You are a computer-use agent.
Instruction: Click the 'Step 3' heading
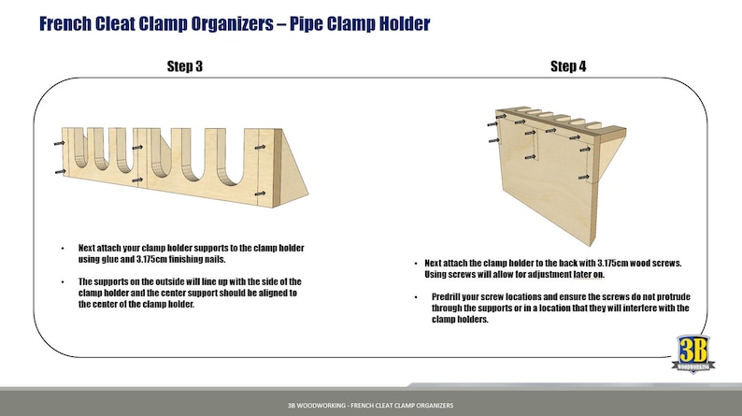click(x=183, y=66)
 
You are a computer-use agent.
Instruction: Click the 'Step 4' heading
click(x=568, y=66)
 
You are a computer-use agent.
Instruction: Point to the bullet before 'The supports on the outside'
click(x=62, y=281)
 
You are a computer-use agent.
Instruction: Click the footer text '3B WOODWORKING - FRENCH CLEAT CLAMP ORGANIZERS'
click(x=371, y=406)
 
